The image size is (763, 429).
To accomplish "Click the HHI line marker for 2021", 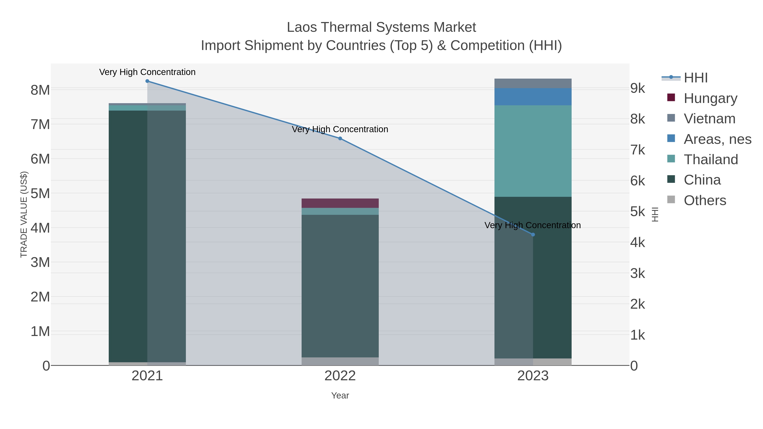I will click(x=147, y=81).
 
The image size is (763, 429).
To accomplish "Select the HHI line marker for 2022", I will click(x=340, y=139).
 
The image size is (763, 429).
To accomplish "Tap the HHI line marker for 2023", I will click(x=533, y=235).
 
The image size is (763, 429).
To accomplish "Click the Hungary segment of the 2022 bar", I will click(x=340, y=203).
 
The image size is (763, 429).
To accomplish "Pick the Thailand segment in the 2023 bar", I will click(x=533, y=151).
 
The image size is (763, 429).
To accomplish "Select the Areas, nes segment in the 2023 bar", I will click(x=533, y=97).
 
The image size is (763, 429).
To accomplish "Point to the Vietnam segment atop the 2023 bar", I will click(x=533, y=83).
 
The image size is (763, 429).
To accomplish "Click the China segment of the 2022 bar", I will click(x=340, y=286).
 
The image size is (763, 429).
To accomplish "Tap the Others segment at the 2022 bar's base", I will click(x=340, y=361).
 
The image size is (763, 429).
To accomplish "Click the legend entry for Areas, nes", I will click(x=717, y=139).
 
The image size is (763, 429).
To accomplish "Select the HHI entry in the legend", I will click(x=695, y=78).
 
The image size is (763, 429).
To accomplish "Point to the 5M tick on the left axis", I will click(x=40, y=194).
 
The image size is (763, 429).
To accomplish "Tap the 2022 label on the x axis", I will click(x=340, y=376).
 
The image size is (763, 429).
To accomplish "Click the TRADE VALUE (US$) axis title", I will click(x=24, y=214).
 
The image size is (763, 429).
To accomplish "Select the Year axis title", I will click(x=340, y=396).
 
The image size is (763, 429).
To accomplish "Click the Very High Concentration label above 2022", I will click(x=340, y=129).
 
